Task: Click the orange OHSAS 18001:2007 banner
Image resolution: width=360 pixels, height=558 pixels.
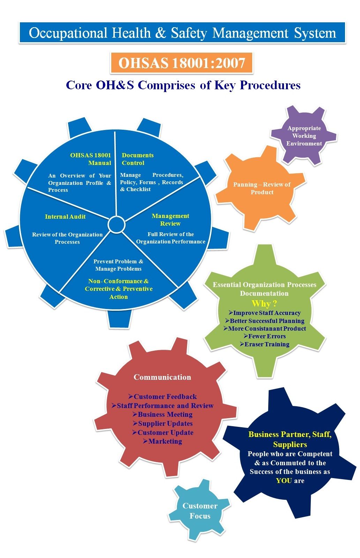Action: (x=181, y=63)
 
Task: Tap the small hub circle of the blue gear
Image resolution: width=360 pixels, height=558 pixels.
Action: (x=117, y=225)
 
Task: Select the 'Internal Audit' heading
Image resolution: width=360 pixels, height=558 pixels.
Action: (x=65, y=217)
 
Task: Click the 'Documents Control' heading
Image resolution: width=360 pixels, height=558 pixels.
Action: (x=137, y=159)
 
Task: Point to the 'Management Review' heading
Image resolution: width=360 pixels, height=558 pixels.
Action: (x=170, y=220)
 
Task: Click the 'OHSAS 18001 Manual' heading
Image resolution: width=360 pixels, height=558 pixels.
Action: (x=91, y=159)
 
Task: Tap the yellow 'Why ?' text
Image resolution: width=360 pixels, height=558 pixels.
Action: (x=264, y=303)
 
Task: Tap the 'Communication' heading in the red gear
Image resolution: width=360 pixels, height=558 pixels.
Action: (x=162, y=377)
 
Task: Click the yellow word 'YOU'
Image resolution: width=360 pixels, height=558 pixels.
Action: (x=284, y=481)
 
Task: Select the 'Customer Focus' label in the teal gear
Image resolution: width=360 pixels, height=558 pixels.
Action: (x=200, y=511)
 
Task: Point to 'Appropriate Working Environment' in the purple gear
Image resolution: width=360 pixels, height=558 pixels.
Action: (x=304, y=136)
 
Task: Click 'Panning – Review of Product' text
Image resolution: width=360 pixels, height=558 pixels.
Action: (x=262, y=188)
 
